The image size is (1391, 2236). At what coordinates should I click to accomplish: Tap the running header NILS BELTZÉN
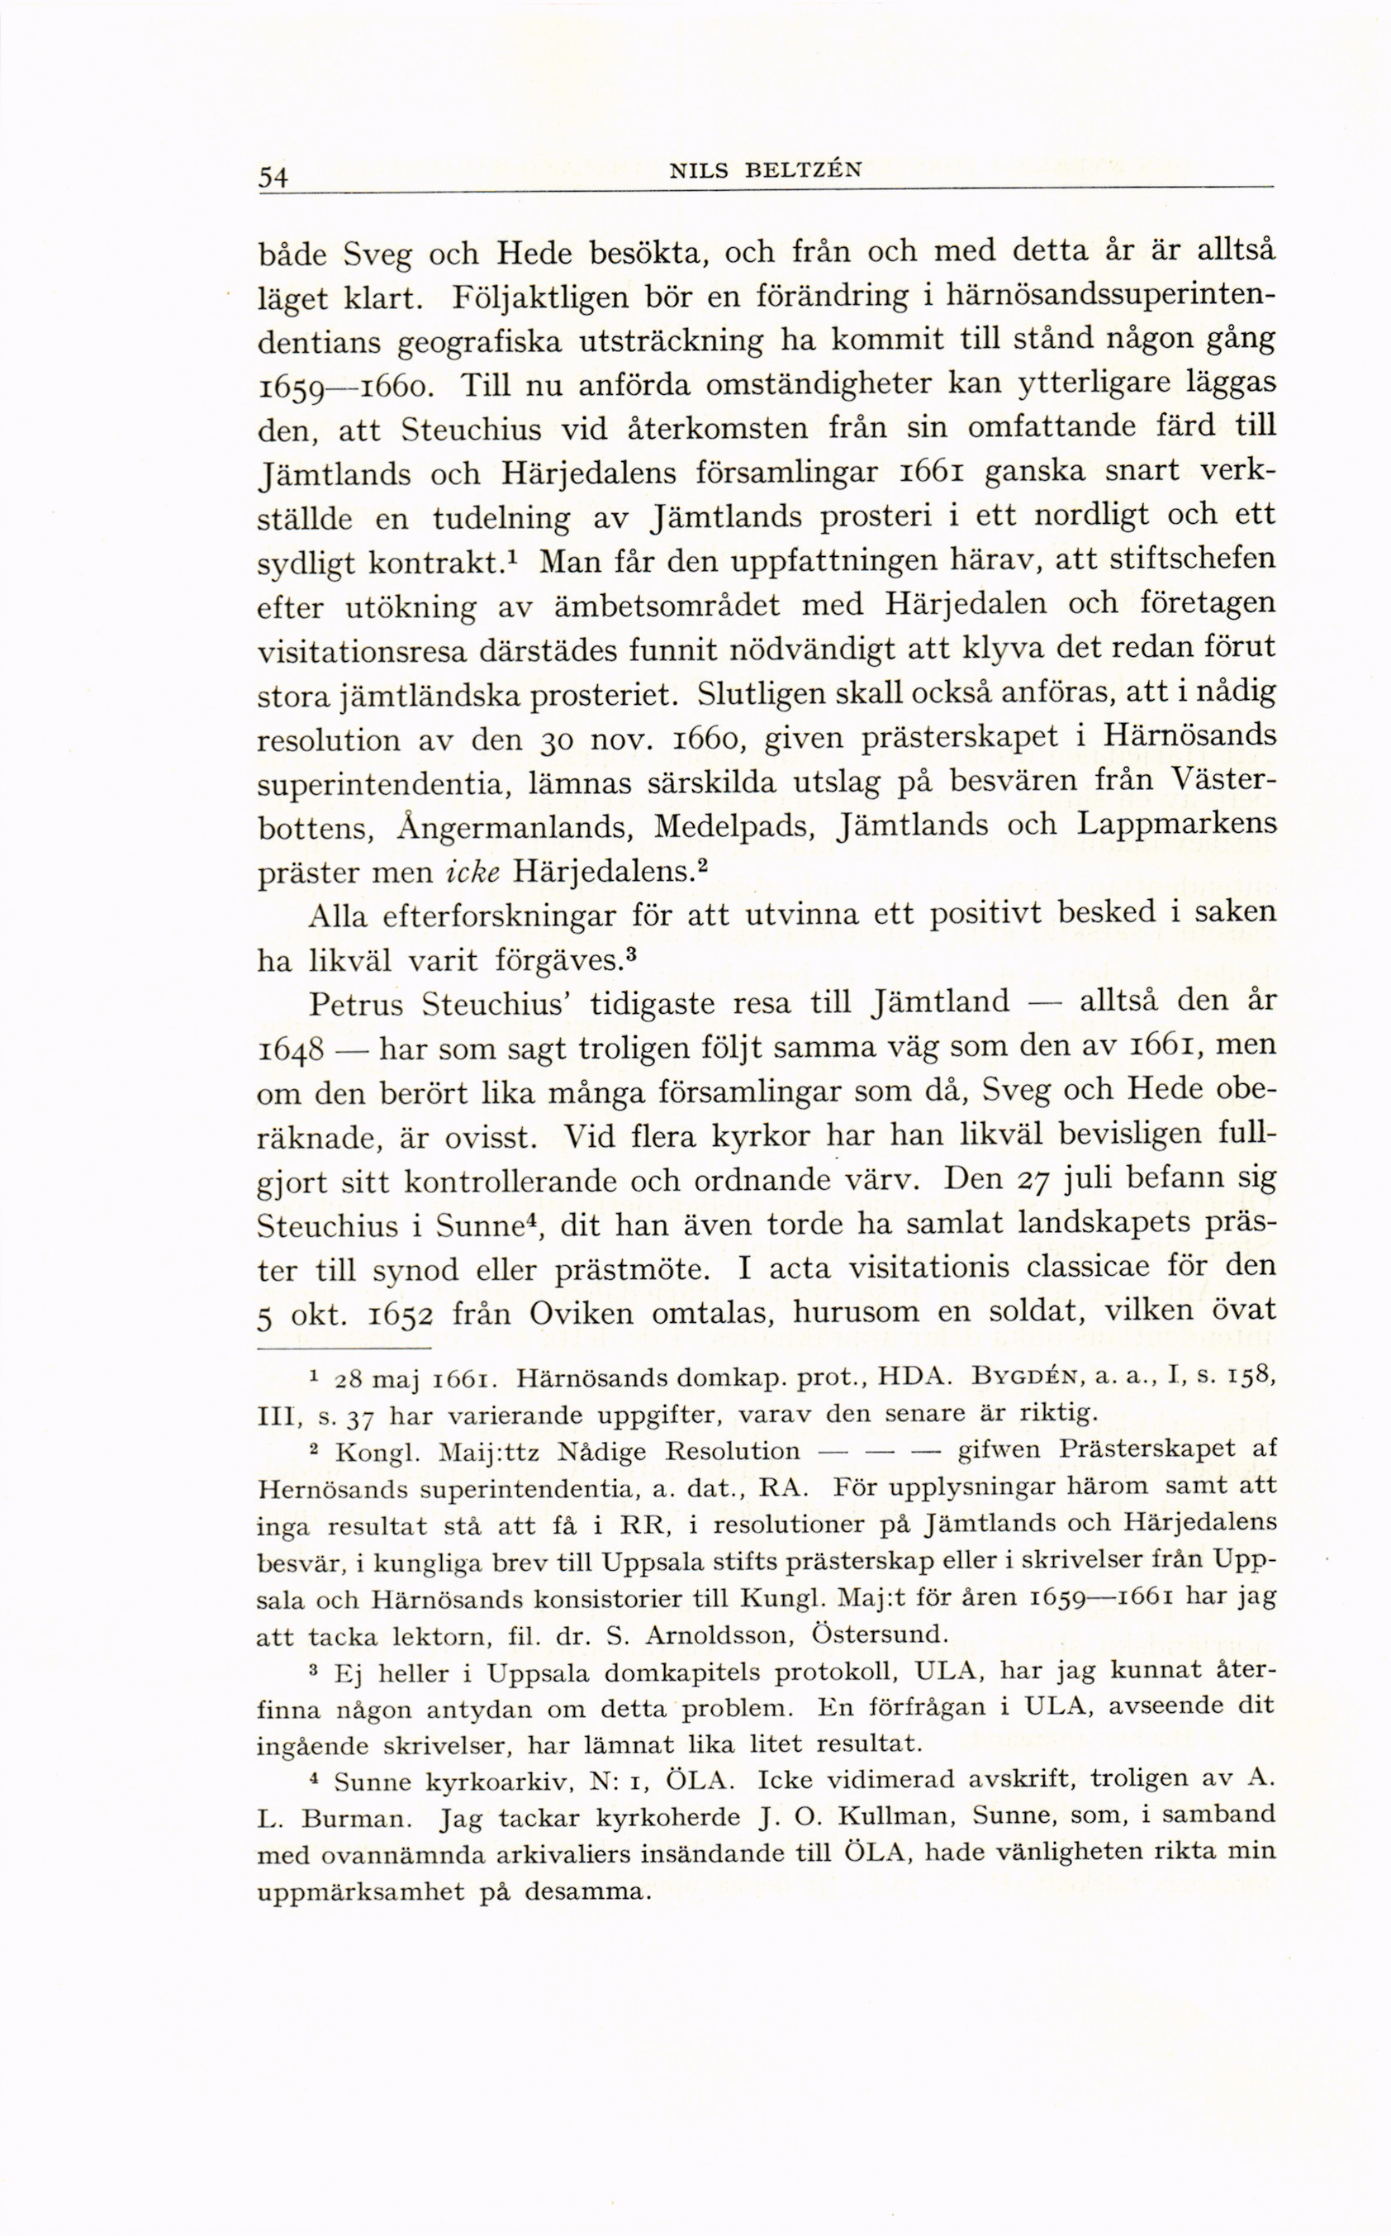(766, 170)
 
